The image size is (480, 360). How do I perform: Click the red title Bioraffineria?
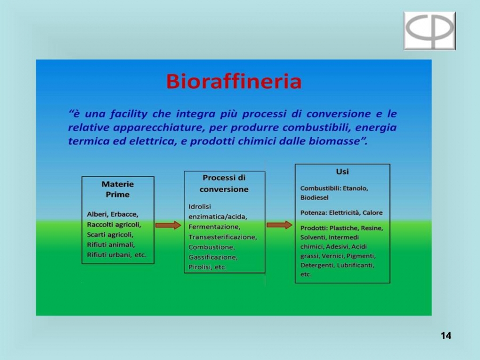click(x=234, y=81)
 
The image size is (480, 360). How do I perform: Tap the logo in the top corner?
click(x=429, y=30)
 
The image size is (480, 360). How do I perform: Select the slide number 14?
click(x=446, y=335)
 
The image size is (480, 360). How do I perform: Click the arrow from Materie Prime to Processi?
click(x=168, y=225)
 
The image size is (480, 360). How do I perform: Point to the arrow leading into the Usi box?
click(x=279, y=225)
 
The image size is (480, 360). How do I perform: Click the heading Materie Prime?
click(x=117, y=189)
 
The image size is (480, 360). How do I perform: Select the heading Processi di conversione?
click(x=224, y=183)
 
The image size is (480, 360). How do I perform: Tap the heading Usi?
click(x=342, y=171)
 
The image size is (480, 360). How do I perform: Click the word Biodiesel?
click(x=314, y=197)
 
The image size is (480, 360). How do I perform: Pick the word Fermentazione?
click(x=214, y=227)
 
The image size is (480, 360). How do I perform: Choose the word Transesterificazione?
click(x=222, y=237)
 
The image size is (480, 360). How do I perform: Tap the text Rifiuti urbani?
click(x=109, y=255)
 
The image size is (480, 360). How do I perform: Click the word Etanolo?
click(x=355, y=188)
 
